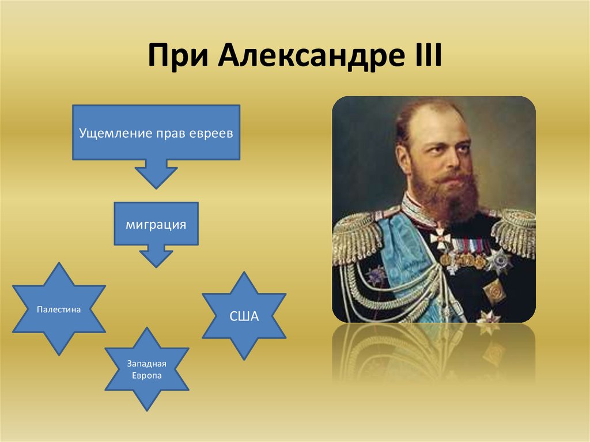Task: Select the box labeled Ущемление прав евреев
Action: pos(156,133)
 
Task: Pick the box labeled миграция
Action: pos(156,224)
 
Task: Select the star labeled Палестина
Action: pos(58,309)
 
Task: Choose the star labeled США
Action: pos(244,316)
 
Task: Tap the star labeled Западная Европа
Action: pos(146,369)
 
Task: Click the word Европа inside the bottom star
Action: pos(146,375)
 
